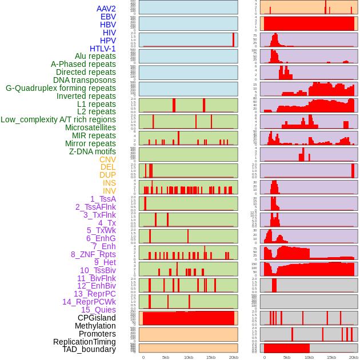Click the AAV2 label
(x=106, y=9)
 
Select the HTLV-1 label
(x=103, y=49)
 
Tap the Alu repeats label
(x=95, y=56)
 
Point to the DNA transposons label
(x=85, y=80)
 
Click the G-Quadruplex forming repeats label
(x=61, y=88)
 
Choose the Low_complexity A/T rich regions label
(x=58, y=119)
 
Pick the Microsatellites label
(x=90, y=127)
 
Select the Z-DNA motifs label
(x=93, y=151)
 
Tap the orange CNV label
(x=107, y=159)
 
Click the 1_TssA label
(x=103, y=199)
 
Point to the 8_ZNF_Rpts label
(x=93, y=254)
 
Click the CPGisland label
(x=97, y=318)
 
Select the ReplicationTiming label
(x=85, y=342)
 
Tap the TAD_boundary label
(x=89, y=349)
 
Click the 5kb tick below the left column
(x=166, y=358)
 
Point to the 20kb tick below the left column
(x=233, y=358)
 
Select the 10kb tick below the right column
(x=309, y=358)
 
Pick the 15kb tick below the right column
(x=331, y=358)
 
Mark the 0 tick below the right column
(x=264, y=358)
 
